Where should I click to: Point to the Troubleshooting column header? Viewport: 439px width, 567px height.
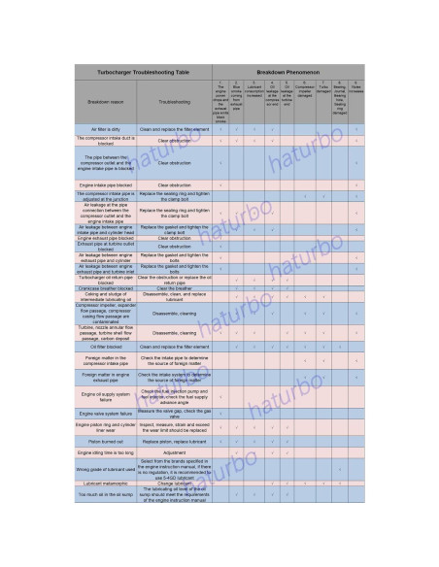click(173, 101)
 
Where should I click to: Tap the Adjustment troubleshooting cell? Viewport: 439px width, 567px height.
click(174, 452)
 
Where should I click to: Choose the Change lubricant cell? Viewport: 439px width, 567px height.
click(174, 483)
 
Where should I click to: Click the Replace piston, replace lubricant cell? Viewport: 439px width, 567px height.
click(174, 441)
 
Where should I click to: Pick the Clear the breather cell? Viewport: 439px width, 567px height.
click(174, 288)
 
